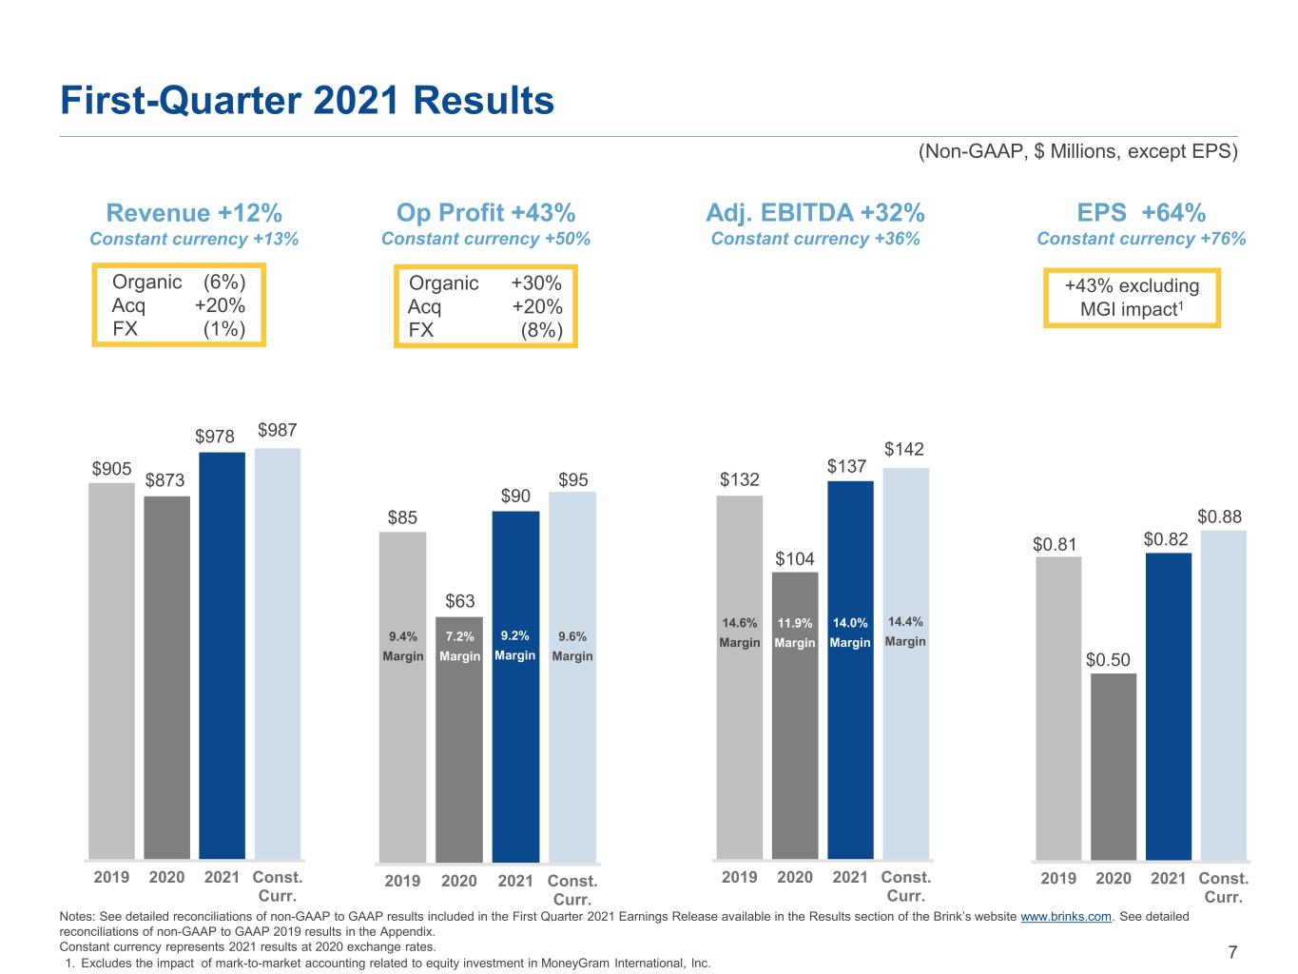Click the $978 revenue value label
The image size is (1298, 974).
pos(215,437)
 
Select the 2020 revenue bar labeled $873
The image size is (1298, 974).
pos(166,678)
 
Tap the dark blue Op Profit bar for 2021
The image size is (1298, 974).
pos(515,687)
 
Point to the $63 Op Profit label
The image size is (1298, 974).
pos(460,601)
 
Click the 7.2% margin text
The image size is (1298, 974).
pos(460,636)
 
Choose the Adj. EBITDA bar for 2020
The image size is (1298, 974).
pos(795,715)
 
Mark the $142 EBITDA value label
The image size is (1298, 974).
pos(904,449)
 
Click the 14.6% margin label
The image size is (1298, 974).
pos(739,623)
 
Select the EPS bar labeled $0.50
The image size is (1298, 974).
pos(1114,767)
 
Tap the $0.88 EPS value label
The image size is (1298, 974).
pos(1219,516)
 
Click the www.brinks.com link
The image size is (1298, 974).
pos(1066,916)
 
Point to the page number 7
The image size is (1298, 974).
pos(1232,952)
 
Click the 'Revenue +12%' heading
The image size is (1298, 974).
pos(194,213)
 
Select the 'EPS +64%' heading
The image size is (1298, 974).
pos(1141,212)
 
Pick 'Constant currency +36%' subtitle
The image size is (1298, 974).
pos(816,239)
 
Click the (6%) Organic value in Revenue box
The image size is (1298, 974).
pos(224,282)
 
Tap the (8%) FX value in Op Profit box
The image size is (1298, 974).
pos(542,329)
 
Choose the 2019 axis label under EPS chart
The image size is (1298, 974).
pos(1058,878)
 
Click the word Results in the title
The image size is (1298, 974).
pos(484,100)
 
